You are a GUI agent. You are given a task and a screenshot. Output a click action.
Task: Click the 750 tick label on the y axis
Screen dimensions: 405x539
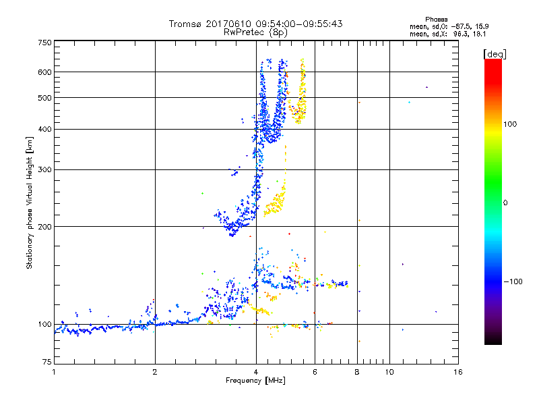point(44,43)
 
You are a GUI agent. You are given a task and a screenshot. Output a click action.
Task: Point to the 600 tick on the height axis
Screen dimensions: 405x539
point(44,72)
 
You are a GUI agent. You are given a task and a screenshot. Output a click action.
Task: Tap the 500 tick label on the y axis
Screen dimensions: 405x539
point(44,97)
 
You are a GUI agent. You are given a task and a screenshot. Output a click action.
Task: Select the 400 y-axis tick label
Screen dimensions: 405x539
point(44,129)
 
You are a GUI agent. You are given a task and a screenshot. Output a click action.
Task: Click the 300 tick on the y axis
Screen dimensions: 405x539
point(44,169)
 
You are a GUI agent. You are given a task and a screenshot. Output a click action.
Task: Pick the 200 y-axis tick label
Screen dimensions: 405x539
point(44,226)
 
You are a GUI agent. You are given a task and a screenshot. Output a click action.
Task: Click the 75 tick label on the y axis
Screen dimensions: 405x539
point(46,362)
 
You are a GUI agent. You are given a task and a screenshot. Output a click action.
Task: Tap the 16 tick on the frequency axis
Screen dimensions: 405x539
point(457,372)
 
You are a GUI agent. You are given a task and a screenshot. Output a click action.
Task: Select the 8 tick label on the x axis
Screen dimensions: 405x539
point(357,372)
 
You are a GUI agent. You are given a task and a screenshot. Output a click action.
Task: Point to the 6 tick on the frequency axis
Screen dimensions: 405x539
point(315,372)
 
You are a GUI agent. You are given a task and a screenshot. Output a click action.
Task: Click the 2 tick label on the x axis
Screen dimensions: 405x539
point(155,372)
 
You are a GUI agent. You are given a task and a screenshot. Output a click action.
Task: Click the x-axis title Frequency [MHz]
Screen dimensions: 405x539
point(255,381)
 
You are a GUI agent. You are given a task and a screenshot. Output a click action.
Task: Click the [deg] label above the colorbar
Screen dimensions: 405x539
point(494,53)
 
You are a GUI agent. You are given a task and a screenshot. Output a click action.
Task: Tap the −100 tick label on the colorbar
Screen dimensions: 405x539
point(513,281)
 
